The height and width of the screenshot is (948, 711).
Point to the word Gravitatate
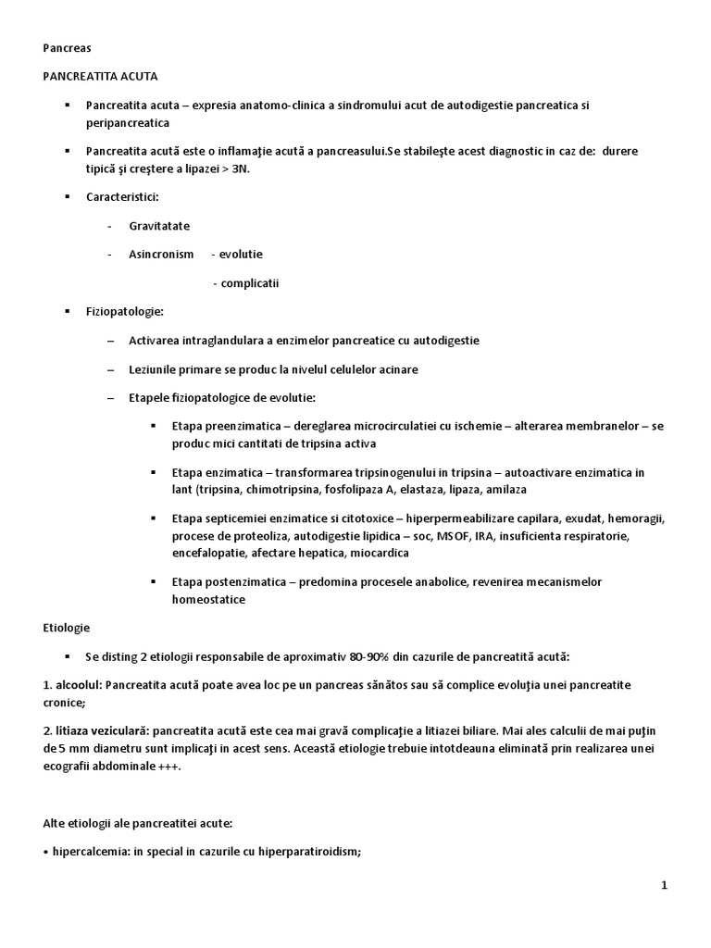[159, 226]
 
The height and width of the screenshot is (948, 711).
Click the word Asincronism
[161, 255]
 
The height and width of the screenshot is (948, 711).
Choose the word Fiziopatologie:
[124, 312]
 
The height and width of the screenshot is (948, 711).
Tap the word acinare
[396, 369]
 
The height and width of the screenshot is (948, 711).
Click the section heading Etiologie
[66, 628]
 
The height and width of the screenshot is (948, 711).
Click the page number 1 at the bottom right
[664, 886]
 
